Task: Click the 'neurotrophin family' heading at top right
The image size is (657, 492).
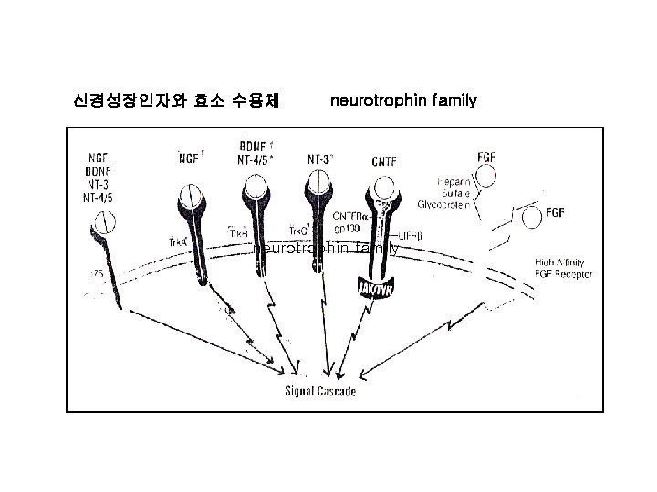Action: click(x=403, y=99)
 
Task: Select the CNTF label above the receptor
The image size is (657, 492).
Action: click(x=384, y=161)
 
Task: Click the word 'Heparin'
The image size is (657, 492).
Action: click(x=453, y=180)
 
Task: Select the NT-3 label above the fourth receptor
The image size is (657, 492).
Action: click(x=320, y=157)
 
